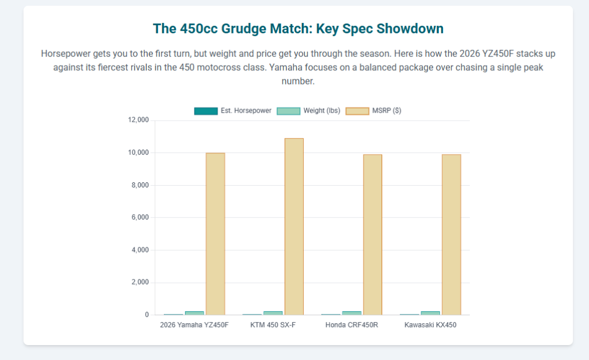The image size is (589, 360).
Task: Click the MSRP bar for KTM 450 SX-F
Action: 294,227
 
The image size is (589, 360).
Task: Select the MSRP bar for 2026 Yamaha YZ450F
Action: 215,234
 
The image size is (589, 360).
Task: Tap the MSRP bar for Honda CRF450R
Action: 372,235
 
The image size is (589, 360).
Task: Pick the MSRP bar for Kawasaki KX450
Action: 451,235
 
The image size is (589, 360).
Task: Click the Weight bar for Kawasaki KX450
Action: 430,313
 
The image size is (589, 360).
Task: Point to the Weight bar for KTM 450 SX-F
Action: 273,313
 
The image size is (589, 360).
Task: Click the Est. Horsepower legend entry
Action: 233,110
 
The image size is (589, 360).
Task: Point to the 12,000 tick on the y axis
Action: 138,120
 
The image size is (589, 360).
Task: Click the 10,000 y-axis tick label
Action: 138,152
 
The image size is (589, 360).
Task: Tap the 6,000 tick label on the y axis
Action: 140,217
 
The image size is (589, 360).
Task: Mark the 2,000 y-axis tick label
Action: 140,282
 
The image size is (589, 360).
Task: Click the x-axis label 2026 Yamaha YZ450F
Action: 194,325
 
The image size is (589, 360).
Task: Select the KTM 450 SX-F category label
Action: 273,325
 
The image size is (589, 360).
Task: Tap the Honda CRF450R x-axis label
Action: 351,325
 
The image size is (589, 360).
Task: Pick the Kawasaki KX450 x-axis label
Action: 430,325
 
